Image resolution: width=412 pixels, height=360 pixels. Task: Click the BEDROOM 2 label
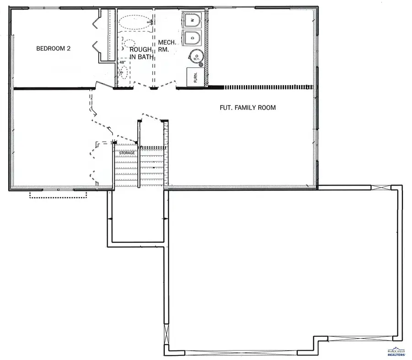pos(53,48)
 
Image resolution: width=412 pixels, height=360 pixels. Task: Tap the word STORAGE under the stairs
pos(127,153)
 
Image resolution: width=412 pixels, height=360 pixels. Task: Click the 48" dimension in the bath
pos(122,62)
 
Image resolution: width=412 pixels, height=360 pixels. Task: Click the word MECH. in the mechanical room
pos(164,43)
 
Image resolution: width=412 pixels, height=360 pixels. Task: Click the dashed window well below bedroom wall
pos(58,195)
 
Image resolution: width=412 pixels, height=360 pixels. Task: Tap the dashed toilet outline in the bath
pos(130,42)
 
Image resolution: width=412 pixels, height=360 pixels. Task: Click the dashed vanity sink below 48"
pos(122,72)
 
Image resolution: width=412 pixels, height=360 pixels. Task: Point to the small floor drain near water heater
pos(201,65)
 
